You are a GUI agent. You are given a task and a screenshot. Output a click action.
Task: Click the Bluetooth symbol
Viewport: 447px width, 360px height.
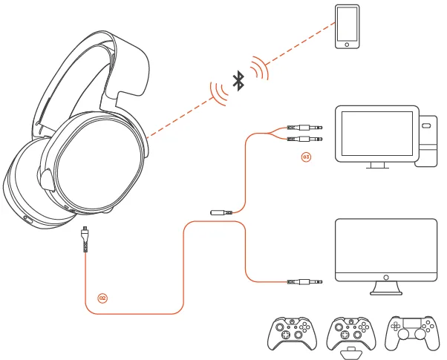click(x=238, y=81)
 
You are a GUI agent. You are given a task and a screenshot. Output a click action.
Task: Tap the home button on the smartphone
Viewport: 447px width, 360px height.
click(x=347, y=45)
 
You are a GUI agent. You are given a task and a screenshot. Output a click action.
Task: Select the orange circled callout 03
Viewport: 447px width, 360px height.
click(x=306, y=157)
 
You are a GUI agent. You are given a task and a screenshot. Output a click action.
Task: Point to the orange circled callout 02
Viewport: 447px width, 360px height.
click(x=102, y=298)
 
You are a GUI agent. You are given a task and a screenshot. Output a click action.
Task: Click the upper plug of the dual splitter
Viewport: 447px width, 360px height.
click(x=304, y=128)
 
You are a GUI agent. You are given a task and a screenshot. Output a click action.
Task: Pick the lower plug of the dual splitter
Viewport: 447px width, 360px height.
click(x=304, y=139)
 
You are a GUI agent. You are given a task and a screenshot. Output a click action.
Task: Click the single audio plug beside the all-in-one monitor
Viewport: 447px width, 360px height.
click(x=304, y=282)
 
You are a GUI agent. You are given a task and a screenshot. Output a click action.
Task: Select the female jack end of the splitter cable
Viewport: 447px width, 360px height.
click(x=221, y=212)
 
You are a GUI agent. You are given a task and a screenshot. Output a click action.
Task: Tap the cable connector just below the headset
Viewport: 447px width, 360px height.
click(x=85, y=239)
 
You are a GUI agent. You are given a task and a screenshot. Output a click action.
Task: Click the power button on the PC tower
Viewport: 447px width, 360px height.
click(x=426, y=125)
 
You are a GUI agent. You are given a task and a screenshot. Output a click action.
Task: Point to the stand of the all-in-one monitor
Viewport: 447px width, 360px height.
click(x=386, y=288)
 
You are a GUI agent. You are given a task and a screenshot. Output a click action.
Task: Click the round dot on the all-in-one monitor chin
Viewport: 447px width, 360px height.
click(x=386, y=278)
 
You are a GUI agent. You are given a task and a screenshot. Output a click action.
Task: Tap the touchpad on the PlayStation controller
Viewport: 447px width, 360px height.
click(x=411, y=323)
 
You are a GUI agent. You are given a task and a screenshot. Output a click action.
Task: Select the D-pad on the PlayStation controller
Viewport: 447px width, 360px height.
click(x=395, y=327)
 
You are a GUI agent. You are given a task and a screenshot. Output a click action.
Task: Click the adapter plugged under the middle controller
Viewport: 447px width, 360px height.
click(x=350, y=353)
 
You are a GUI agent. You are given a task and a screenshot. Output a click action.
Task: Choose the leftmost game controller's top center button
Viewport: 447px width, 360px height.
click(x=292, y=321)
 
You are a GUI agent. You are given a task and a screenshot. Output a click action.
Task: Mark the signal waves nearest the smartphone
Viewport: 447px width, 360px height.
click(x=260, y=68)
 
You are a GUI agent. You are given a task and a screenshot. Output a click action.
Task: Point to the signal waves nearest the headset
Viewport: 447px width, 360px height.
click(x=219, y=94)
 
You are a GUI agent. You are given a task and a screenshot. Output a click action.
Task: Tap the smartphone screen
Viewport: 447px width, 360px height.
click(x=347, y=24)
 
